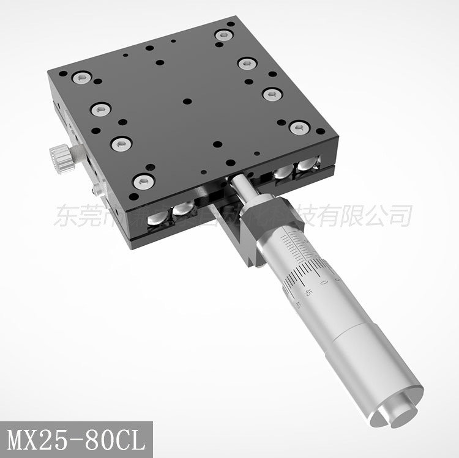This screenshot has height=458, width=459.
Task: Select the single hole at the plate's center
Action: (187, 101)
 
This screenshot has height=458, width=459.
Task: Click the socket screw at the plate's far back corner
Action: (222, 35)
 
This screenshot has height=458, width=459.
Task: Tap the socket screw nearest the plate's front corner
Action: (142, 180)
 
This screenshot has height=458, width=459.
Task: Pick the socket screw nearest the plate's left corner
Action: (81, 78)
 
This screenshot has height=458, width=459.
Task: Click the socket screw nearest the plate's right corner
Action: (299, 127)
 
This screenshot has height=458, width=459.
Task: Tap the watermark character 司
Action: (398, 216)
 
